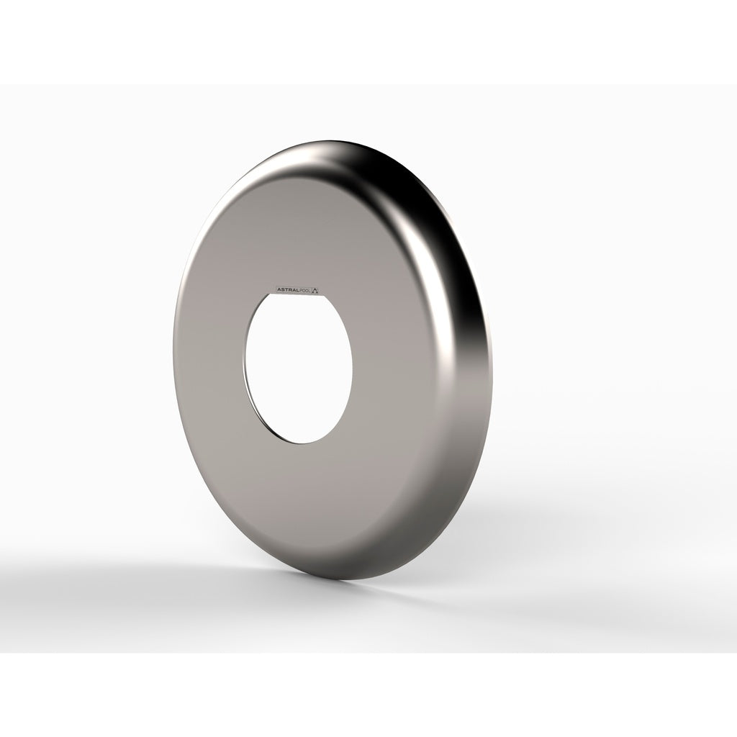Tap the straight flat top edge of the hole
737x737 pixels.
(295, 294)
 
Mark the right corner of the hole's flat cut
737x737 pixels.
(322, 295)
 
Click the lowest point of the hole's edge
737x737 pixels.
(300, 443)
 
